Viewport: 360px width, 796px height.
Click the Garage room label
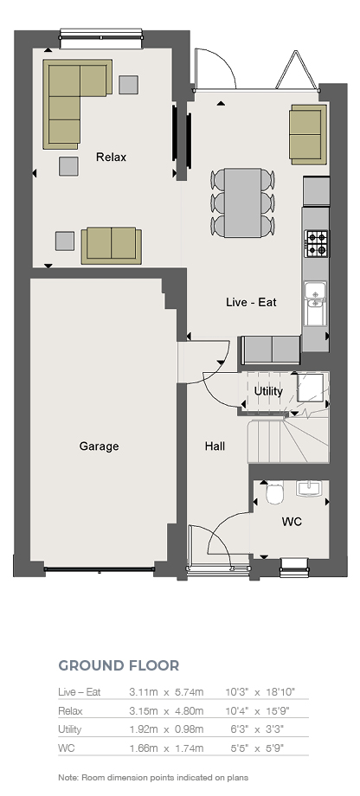point(99,446)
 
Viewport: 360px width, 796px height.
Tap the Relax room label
point(111,157)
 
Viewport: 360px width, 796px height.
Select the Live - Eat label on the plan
point(251,302)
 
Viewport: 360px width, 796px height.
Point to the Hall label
point(215,446)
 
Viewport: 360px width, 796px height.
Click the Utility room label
point(268,391)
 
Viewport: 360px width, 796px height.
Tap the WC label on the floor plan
point(292,522)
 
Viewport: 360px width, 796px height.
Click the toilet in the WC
point(274,492)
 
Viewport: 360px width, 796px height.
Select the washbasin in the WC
point(308,488)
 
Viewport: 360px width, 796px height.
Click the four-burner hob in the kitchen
point(317,243)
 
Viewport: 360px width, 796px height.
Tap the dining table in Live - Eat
point(242,202)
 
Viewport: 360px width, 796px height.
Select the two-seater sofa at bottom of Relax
point(111,246)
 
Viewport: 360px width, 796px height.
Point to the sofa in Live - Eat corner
point(308,134)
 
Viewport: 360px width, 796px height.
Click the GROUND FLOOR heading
point(119,665)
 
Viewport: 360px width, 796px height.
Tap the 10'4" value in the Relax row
point(236,710)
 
